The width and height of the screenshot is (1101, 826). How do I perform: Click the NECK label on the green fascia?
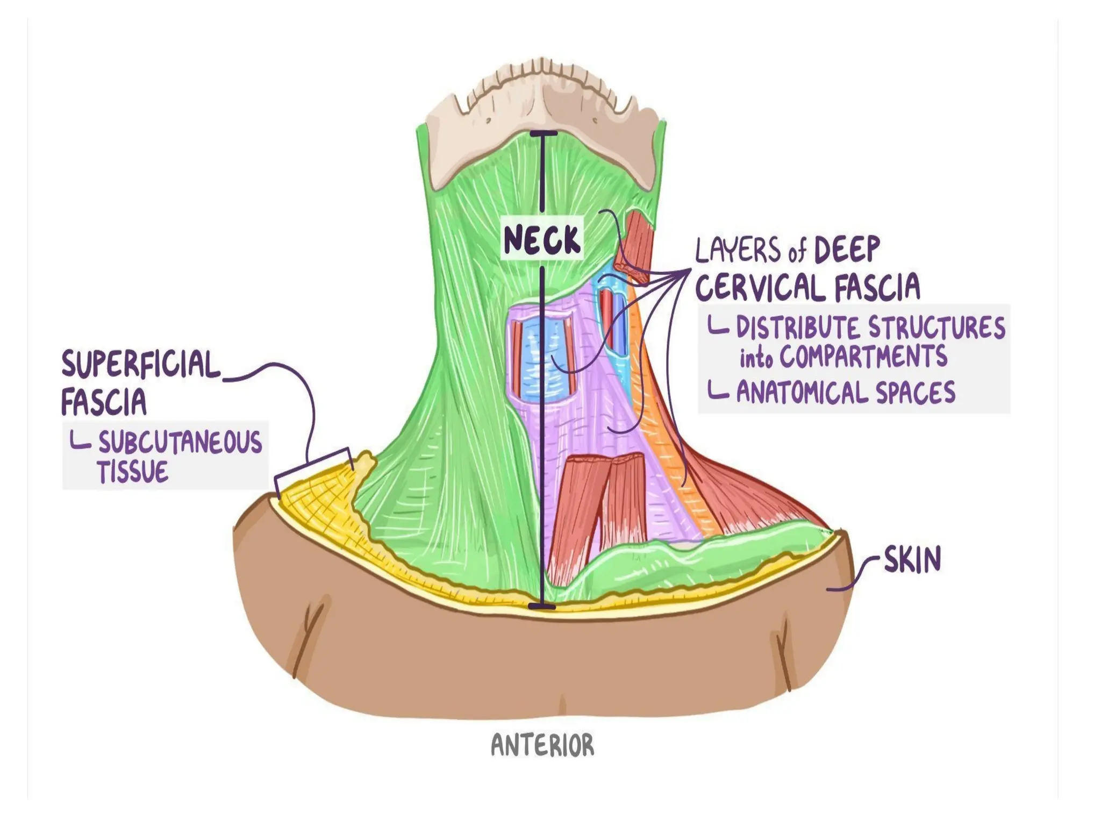(542, 239)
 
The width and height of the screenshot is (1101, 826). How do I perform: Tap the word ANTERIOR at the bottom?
(542, 746)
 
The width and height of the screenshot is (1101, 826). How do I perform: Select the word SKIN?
(912, 560)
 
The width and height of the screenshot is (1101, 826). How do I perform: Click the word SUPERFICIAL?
(141, 364)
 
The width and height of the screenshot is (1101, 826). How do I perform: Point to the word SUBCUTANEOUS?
(180, 443)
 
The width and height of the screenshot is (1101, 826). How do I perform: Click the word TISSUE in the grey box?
(132, 472)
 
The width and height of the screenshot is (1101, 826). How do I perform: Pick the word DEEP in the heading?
(847, 250)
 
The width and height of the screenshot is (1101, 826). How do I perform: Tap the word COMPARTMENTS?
(863, 356)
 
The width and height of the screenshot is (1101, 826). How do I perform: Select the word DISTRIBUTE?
(798, 327)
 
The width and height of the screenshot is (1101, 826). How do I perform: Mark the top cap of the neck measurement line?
(542, 133)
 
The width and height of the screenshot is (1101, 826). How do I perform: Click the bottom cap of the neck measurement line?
(541, 606)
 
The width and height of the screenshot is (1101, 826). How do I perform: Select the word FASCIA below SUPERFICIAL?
(104, 402)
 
